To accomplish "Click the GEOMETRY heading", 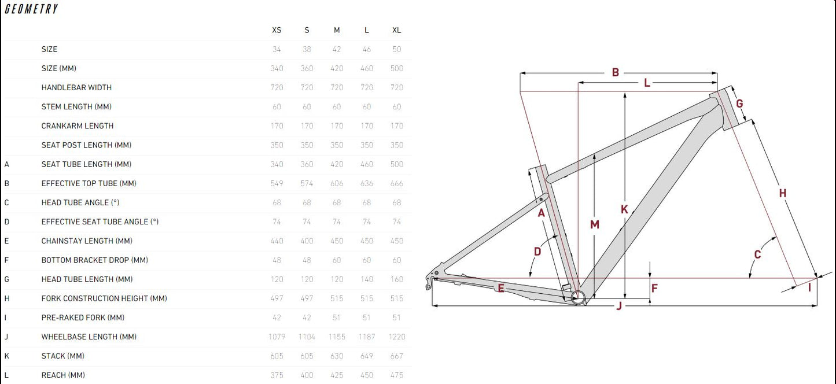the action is point(31,9).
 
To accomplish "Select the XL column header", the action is point(396,30).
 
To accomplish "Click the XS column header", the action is point(277,30).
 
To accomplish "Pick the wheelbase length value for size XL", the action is point(396,337).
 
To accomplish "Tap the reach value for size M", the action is point(337,375).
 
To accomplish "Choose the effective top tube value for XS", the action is point(277,183).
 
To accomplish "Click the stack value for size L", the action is point(366,356).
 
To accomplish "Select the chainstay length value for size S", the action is point(307,241).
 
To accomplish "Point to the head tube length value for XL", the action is point(396,279).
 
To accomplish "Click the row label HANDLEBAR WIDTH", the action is point(76,88).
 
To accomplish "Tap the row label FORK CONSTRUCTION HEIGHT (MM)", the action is point(104,298).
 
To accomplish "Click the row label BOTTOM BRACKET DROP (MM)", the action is point(95,260).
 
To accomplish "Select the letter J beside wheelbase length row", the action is point(6,337).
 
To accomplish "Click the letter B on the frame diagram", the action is point(616,72).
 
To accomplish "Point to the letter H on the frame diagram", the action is point(783,193).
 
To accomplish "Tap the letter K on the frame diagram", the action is point(624,209).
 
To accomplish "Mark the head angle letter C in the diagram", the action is point(757,254).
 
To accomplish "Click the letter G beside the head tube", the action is point(739,104).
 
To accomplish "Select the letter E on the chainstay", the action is point(501,288).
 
